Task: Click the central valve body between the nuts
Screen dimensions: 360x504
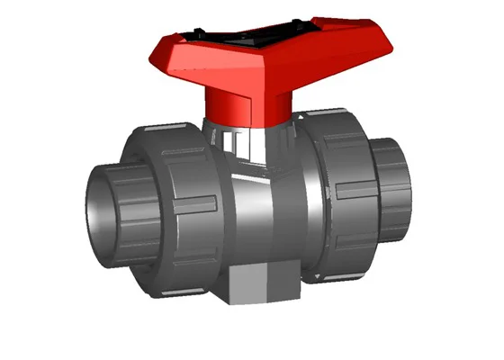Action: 270,216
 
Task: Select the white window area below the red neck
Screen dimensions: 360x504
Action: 237,144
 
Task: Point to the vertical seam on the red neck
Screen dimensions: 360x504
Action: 247,108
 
